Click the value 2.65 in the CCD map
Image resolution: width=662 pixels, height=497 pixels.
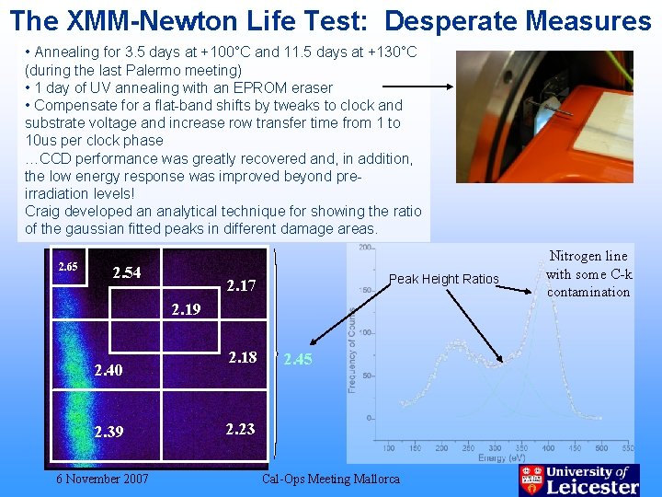pyautogui.click(x=67, y=267)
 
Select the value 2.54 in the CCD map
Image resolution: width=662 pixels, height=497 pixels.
pyautogui.click(x=126, y=273)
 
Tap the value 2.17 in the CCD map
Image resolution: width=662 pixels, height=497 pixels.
pyautogui.click(x=241, y=286)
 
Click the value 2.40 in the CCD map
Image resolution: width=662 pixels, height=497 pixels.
pyautogui.click(x=108, y=370)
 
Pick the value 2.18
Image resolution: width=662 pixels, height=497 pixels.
pyautogui.click(x=243, y=357)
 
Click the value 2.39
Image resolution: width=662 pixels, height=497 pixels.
pyautogui.click(x=108, y=432)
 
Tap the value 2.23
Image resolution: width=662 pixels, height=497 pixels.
pyautogui.click(x=241, y=428)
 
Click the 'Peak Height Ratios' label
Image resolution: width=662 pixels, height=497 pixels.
pyautogui.click(x=443, y=279)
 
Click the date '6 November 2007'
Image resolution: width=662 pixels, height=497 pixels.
pyautogui.click(x=102, y=479)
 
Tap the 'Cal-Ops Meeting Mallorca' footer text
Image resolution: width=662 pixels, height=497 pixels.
pyautogui.click(x=331, y=479)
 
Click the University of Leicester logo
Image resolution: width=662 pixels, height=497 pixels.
pyautogui.click(x=579, y=480)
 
